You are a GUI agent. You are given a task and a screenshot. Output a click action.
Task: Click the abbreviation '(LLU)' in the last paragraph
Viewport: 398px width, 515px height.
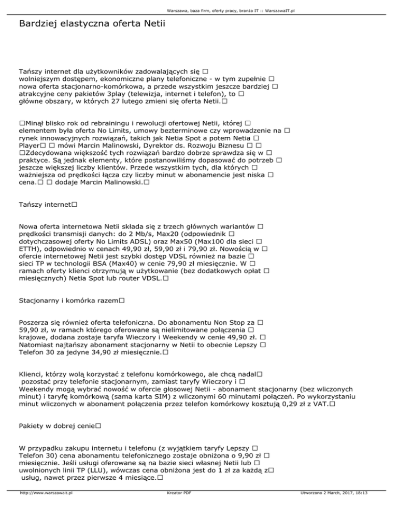94,469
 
